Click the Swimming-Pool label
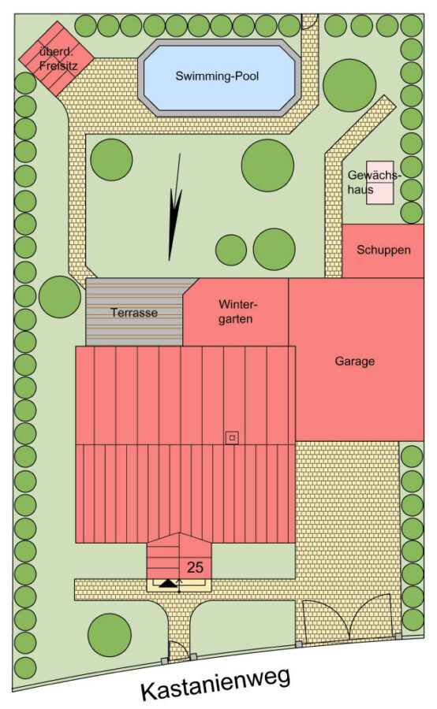(x=217, y=76)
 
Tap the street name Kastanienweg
(x=215, y=684)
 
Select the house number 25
(x=195, y=567)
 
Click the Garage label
(x=355, y=362)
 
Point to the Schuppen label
(x=383, y=250)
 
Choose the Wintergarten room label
(x=236, y=311)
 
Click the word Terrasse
(x=134, y=313)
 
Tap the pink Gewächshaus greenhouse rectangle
(x=380, y=183)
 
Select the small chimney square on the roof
(x=233, y=437)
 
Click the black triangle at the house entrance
(x=168, y=583)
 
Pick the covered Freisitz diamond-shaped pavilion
(x=56, y=58)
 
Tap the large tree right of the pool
(x=349, y=85)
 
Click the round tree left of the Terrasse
(x=60, y=297)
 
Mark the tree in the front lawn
(x=110, y=635)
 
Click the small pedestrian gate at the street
(x=178, y=651)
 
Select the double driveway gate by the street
(x=347, y=620)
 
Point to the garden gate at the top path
(x=309, y=21)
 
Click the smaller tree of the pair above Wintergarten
(x=231, y=250)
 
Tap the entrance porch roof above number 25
(x=179, y=555)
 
